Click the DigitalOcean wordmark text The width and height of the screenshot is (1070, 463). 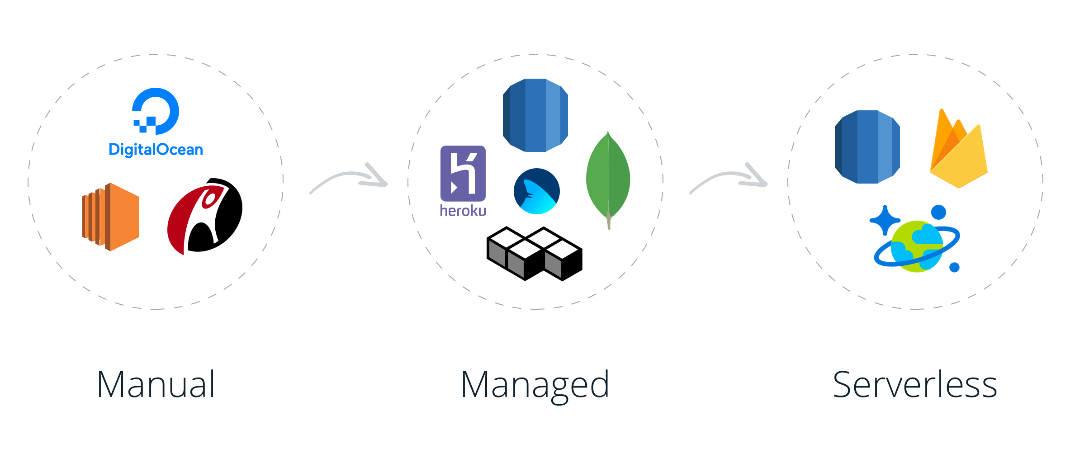(156, 150)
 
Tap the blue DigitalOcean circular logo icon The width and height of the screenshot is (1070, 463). (156, 110)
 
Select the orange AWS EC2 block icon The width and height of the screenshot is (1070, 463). (111, 217)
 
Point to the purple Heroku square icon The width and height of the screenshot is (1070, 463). (463, 173)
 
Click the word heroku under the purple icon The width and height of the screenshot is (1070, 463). (463, 211)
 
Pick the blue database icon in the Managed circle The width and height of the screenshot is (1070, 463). (535, 115)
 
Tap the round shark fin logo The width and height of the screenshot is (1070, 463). (537, 191)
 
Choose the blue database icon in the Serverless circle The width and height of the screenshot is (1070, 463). (867, 146)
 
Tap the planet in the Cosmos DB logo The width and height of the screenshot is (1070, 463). (917, 246)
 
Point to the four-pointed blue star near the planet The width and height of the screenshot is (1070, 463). (885, 220)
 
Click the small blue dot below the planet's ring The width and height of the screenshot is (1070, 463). (955, 268)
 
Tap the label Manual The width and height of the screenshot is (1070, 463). (156, 385)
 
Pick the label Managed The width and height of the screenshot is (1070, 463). (535, 386)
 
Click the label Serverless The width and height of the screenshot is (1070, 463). (914, 385)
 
